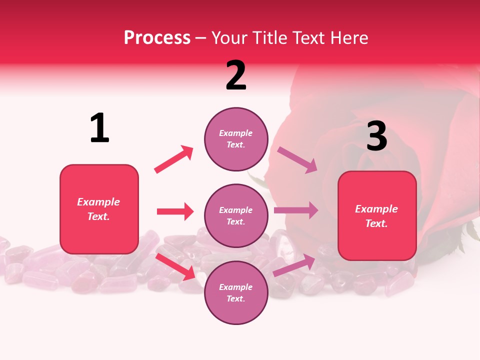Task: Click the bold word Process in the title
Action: point(157,38)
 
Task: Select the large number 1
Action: point(99,128)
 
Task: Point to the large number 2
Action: point(236,75)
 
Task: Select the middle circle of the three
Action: point(236,215)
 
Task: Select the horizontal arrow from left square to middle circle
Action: point(175,211)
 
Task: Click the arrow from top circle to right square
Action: point(297,160)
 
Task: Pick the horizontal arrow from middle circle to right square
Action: point(296,210)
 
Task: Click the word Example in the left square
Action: point(98,202)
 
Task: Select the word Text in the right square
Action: point(375,223)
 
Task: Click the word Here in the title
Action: point(349,38)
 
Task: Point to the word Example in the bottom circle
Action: point(236,287)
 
